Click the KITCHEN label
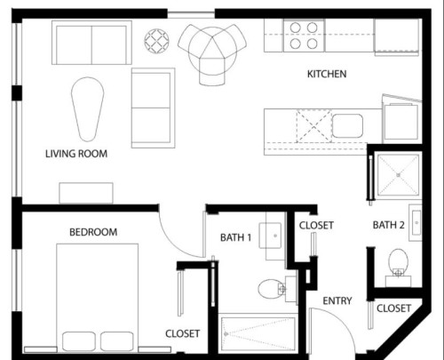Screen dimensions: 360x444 [327, 74]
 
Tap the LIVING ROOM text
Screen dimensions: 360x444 [76, 154]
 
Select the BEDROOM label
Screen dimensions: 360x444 [93, 233]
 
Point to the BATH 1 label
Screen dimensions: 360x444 [236, 237]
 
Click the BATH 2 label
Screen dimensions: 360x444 [389, 226]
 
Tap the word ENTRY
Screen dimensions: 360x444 [337, 301]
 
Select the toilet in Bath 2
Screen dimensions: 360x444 [399, 261]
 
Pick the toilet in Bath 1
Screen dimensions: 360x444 [271, 288]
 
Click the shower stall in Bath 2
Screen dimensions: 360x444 [398, 175]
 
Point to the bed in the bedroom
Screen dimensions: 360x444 [98, 298]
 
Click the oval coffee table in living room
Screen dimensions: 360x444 [88, 108]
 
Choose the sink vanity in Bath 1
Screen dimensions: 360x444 [272, 235]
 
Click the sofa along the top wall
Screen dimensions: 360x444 [91, 44]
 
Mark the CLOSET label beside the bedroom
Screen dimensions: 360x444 [182, 334]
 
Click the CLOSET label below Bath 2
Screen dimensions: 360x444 [393, 308]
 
